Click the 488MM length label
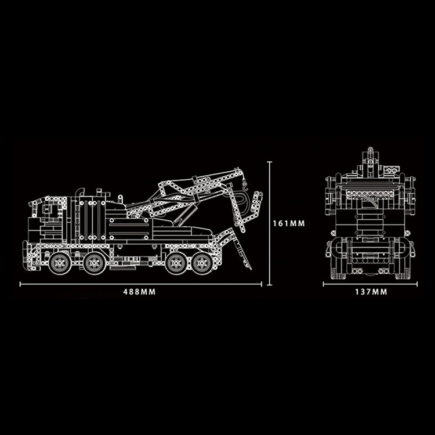[140, 292]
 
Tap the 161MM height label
[288, 222]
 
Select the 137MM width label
[371, 292]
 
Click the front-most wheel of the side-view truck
[59, 263]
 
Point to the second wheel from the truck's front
[95, 263]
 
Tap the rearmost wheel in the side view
[202, 263]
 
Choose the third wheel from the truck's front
[176, 263]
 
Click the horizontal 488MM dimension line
[140, 284]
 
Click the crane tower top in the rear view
[370, 157]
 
